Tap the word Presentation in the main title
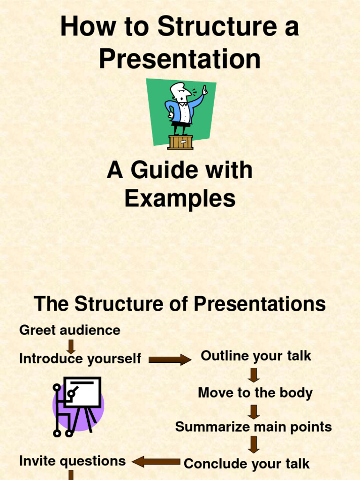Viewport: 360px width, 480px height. [180, 60]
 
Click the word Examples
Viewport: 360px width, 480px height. [180, 198]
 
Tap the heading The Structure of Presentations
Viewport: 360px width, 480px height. [180, 304]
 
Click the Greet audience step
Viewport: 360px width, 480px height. [69, 330]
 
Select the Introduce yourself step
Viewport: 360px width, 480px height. [80, 359]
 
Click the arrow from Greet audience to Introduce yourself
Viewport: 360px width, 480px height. [71, 346]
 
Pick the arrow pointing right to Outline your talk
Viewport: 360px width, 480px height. [170, 360]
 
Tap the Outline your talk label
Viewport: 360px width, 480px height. [255, 356]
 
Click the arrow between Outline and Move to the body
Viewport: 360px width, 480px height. [254, 375]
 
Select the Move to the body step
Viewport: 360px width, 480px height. [255, 392]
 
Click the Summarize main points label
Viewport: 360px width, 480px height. [253, 427]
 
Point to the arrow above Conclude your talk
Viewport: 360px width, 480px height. [254, 444]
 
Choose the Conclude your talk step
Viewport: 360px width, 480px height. [247, 464]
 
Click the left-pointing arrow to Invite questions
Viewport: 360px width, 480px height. [156, 462]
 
